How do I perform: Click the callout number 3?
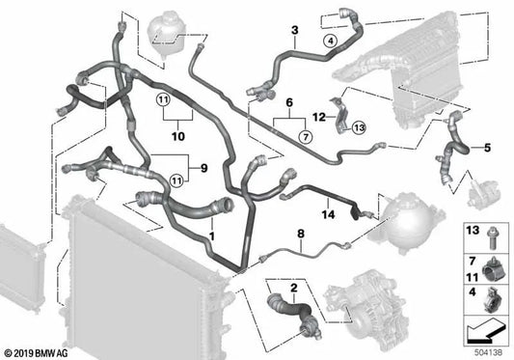tap(295, 31)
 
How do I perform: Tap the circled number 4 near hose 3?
tap(331, 42)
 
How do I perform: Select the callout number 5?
tap(487, 148)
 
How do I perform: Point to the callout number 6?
tap(289, 102)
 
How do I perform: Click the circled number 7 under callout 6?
tap(306, 136)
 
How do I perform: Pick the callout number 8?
tap(301, 234)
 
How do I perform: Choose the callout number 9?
tap(203, 168)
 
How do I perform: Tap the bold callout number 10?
tap(178, 136)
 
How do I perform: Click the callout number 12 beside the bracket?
tap(319, 117)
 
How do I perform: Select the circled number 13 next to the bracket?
tap(360, 127)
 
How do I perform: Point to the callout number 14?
tap(328, 214)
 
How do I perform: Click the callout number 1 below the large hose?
tap(212, 235)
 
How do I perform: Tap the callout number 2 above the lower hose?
tap(294, 288)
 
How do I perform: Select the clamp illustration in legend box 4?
tap(491, 299)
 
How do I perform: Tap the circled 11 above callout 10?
tap(163, 99)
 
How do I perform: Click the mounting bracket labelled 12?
tap(339, 115)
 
